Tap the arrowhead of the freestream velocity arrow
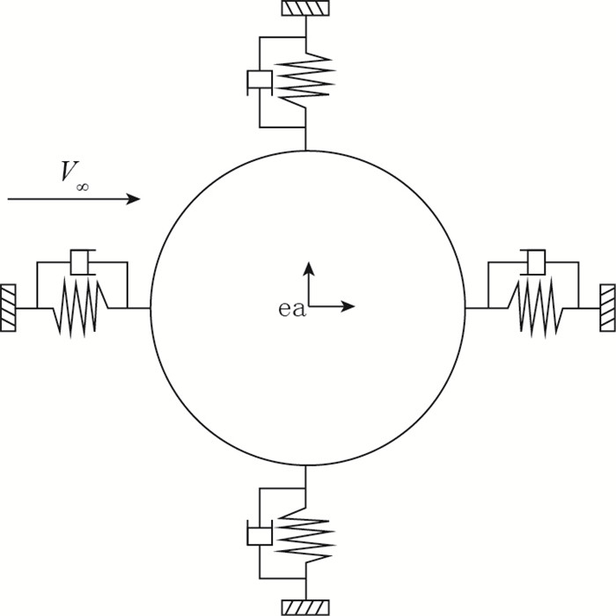click(134, 199)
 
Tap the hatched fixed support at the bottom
click(304, 606)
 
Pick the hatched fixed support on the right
click(607, 308)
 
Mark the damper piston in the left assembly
click(82, 261)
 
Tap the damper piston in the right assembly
click(534, 261)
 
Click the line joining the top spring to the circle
click(304, 138)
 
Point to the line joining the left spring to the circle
click(138, 308)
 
